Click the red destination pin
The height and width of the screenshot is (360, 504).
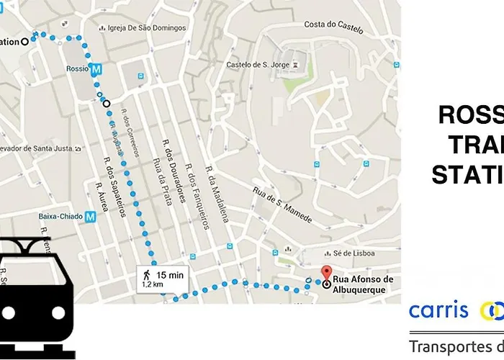[325, 273]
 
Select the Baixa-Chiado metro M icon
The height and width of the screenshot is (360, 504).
[90, 215]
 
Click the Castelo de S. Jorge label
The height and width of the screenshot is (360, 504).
[258, 65]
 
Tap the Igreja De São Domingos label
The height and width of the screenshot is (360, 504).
[146, 29]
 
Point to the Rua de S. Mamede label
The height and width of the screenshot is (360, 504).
[282, 205]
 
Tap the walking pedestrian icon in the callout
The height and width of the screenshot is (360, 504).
[145, 274]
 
